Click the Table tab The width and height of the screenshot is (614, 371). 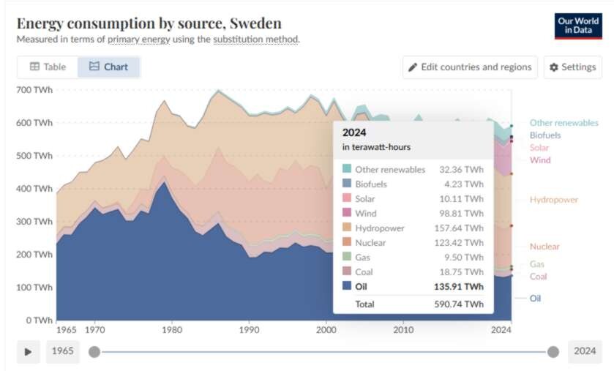pos(48,67)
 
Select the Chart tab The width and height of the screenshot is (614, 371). pos(108,67)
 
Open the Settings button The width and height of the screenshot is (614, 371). pos(572,67)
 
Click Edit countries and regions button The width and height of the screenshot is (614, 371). pos(470,67)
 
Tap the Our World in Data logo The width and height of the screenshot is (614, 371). pos(578,26)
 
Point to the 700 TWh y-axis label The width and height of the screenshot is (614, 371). pos(34,90)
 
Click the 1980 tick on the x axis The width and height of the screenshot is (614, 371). pos(172,330)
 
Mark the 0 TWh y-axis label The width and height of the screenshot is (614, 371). pos(40,321)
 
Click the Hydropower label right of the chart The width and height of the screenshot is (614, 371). pos(554,200)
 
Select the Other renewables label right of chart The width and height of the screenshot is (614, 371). pos(564,123)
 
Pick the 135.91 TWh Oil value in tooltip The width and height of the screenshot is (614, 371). pos(459,287)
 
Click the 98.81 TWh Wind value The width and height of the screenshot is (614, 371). pos(461,213)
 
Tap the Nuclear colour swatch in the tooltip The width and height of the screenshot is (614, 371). pos(347,242)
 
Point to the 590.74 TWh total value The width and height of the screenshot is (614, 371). pos(459,304)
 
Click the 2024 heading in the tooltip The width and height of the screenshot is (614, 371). pos(354,132)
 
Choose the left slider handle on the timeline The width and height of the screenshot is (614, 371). pos(94,352)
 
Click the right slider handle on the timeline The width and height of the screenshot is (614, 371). pos(553,352)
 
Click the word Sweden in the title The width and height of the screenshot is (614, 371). pos(255,23)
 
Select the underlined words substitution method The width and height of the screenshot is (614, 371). pos(255,40)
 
